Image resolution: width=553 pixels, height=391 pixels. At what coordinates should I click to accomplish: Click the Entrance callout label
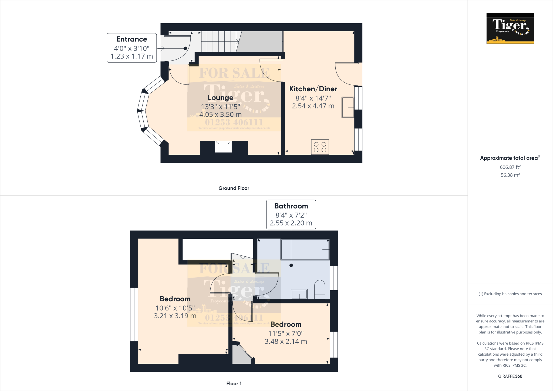131,39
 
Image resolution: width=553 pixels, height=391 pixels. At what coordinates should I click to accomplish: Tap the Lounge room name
220,97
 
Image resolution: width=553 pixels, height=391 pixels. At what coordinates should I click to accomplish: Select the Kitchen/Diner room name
313,89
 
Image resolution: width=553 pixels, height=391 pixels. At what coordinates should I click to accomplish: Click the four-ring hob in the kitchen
320,147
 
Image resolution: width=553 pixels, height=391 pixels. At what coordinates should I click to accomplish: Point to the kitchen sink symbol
348,107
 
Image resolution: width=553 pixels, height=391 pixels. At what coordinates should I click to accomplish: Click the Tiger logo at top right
510,28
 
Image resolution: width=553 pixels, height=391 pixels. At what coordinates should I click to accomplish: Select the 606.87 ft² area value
510,167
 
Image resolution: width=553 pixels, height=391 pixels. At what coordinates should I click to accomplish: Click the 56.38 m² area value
510,175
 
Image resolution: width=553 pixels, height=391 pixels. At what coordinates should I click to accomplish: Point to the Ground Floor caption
234,188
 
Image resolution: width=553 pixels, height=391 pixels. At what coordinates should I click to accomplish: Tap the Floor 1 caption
234,383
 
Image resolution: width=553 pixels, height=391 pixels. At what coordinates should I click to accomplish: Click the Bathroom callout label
291,206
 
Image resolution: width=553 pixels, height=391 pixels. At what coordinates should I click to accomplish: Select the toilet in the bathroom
320,289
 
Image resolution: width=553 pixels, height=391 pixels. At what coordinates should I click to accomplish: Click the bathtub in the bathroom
305,249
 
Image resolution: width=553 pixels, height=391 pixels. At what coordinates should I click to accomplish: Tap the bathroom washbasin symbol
299,294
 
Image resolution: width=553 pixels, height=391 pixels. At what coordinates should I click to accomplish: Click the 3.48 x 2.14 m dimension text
286,341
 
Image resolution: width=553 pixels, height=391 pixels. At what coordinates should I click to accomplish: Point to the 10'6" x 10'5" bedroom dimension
175,308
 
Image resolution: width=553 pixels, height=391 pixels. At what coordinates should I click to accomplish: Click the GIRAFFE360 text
510,376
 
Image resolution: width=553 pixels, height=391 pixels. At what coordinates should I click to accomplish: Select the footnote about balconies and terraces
510,294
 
